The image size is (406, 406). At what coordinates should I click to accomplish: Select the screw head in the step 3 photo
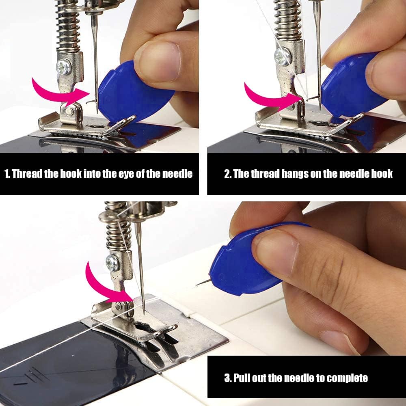[x=112, y=263]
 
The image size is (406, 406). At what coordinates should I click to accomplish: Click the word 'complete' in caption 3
[x=347, y=378]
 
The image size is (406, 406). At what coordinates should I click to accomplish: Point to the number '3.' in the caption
[x=228, y=378]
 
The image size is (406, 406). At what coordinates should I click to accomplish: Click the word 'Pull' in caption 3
[x=242, y=378]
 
